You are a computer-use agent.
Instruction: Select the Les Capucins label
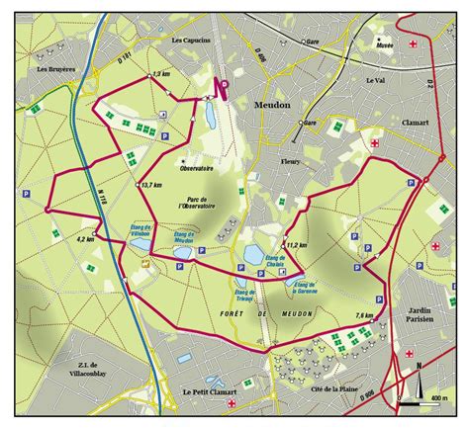point(190,41)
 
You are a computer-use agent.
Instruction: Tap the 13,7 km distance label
point(150,184)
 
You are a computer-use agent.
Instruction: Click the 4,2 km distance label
point(85,238)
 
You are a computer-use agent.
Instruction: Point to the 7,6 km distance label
point(364,314)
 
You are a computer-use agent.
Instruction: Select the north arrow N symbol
point(420,373)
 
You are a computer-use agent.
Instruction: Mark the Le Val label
point(374,80)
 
